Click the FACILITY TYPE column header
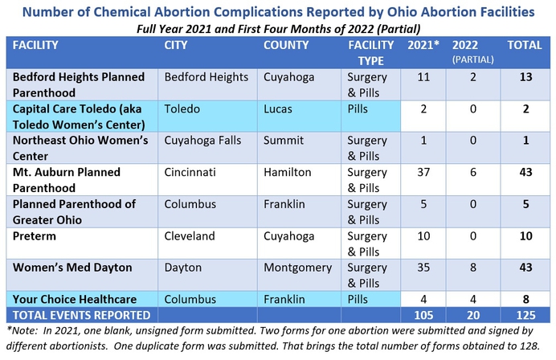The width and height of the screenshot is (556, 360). (x=370, y=52)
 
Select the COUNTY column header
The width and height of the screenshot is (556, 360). (x=286, y=45)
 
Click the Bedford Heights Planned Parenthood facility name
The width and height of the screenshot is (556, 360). (x=78, y=84)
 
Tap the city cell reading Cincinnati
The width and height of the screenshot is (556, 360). (x=190, y=172)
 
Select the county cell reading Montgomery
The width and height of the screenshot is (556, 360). (x=297, y=267)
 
